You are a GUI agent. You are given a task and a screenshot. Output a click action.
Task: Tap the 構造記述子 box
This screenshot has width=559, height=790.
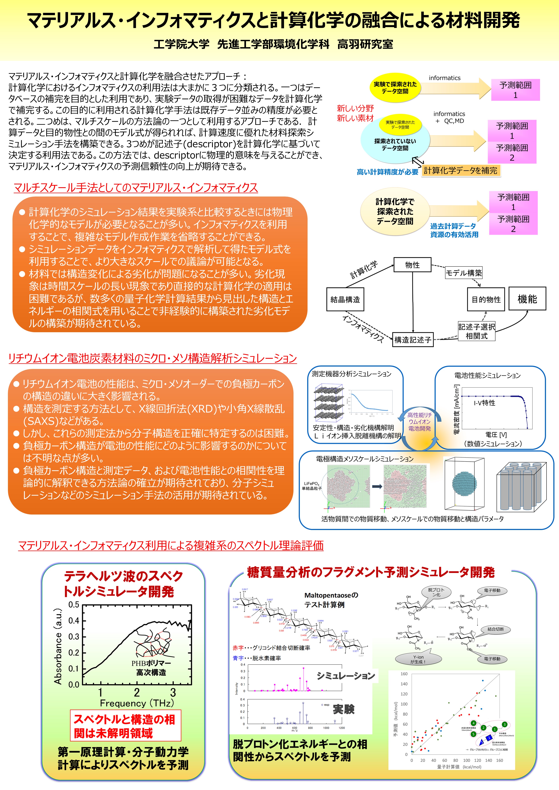coord(413,340)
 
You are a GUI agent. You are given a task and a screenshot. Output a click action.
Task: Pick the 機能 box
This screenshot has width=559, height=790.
coord(527,299)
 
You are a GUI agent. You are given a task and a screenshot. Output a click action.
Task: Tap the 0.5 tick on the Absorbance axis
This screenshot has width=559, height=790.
coord(74,605)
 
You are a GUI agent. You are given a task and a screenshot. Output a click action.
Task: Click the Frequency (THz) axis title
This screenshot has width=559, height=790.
coord(137,703)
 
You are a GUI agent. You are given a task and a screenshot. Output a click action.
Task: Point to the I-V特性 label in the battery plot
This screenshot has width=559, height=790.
coord(484,403)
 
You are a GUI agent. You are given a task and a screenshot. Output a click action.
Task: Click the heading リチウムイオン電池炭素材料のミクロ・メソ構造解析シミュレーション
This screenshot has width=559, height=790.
coord(152,358)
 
